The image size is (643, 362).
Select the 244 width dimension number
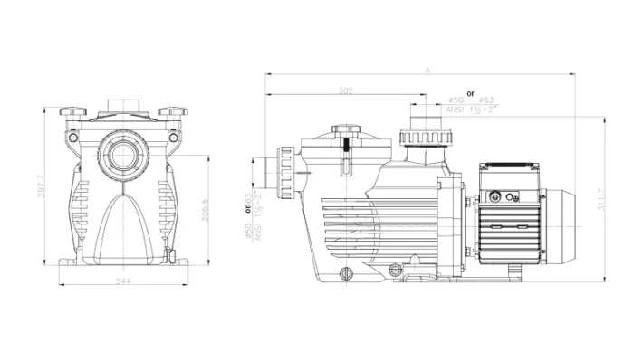[x=121, y=282]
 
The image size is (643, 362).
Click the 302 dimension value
[x=345, y=90]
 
